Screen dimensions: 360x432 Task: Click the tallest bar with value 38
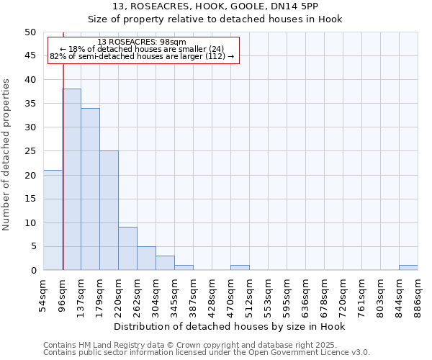pos(71,180)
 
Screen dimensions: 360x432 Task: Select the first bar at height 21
pos(53,220)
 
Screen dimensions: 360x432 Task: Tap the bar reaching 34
pos(90,189)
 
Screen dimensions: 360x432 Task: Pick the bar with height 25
pos(109,211)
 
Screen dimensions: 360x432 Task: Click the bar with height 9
pos(127,249)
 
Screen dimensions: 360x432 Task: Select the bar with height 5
pos(146,258)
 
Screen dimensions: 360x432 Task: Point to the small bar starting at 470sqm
pos(240,268)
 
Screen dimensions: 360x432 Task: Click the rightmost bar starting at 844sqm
pos(408,268)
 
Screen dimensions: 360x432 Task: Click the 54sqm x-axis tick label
pos(44,294)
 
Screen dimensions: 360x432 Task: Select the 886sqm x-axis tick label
pos(418,294)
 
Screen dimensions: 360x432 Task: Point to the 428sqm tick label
pos(212,294)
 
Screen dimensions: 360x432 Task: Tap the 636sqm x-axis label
pos(305,294)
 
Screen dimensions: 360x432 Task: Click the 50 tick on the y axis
pos(30,32)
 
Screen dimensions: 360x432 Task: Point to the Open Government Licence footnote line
pos(207,352)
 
